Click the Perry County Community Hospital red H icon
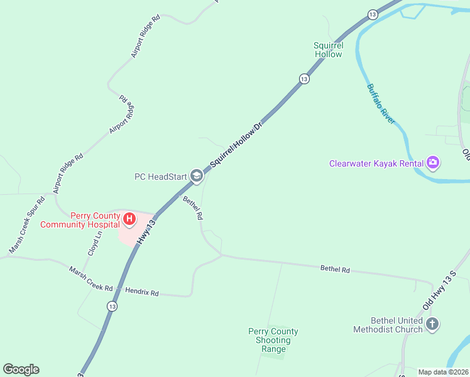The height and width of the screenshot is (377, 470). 129,219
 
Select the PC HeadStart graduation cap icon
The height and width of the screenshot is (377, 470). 197,177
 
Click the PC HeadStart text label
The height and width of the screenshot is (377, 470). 161,177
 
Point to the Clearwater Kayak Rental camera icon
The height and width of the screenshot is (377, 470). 432,163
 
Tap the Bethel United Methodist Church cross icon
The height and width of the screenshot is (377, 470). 432,324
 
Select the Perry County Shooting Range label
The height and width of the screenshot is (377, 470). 273,340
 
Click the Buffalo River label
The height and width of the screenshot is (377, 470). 381,103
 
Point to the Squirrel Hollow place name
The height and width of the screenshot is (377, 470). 328,50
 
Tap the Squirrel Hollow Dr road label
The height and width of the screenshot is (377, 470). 235,145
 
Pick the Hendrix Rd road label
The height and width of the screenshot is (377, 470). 142,292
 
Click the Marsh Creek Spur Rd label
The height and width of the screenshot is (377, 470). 27,225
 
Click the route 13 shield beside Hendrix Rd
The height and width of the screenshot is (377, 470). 112,306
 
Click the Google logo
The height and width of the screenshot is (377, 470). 21,369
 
